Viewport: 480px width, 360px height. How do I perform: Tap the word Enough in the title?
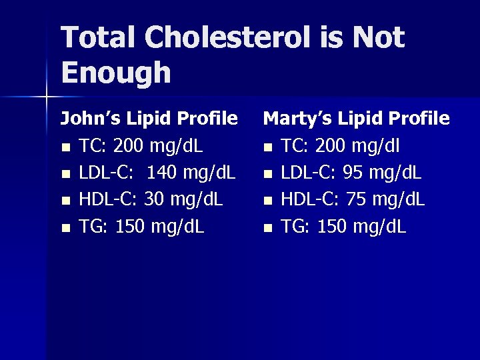click(115, 73)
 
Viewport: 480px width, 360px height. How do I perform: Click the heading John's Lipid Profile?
click(149, 119)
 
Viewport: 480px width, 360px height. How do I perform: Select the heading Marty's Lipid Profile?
click(357, 119)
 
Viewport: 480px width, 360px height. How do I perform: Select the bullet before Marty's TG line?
click(267, 228)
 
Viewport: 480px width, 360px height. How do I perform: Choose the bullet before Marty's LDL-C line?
click(267, 174)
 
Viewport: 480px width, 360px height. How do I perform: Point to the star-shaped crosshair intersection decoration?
click(47, 97)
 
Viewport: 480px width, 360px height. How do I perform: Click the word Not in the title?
click(378, 37)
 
